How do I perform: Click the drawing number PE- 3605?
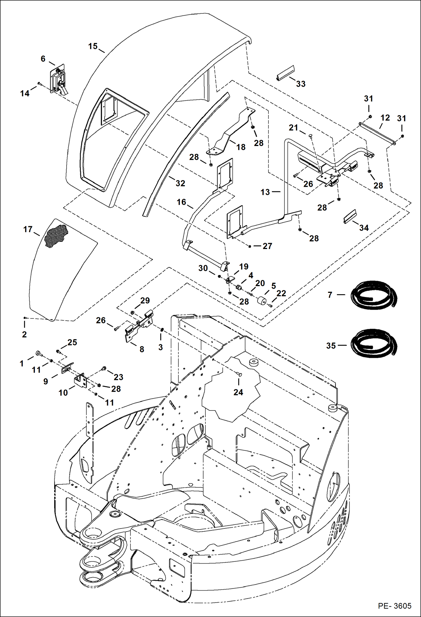tap(394, 605)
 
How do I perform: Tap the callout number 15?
tap(93, 46)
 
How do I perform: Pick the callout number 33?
tap(301, 84)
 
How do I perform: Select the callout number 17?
tap(28, 230)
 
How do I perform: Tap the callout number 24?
tap(238, 392)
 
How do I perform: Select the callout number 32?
tap(180, 183)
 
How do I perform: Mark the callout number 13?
tap(265, 192)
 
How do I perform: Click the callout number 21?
tap(293, 128)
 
